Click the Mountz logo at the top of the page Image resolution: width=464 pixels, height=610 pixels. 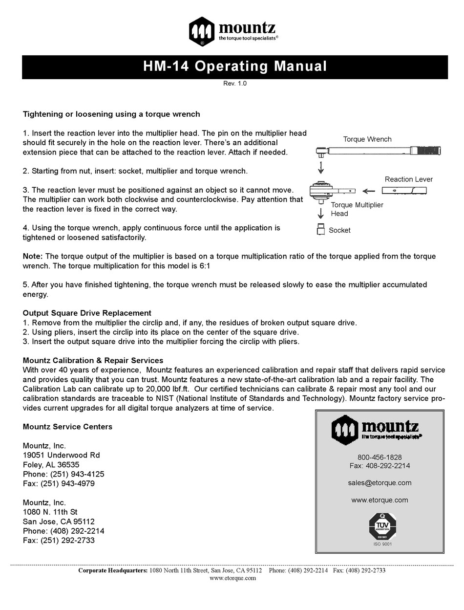coord(234,31)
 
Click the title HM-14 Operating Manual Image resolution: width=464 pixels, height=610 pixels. coord(235,66)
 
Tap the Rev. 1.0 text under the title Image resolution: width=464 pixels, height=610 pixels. coord(235,84)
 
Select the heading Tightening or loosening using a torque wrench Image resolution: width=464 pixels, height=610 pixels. coord(111,114)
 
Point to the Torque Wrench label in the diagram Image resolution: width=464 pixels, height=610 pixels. coord(367,139)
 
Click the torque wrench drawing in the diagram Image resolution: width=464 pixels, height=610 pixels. coord(378,151)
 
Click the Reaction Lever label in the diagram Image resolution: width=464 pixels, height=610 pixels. coord(408,179)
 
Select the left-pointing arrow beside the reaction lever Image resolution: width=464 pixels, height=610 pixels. coord(369,191)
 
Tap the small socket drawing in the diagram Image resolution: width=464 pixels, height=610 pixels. coord(321,230)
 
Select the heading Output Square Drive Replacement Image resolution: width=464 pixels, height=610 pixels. coord(87,313)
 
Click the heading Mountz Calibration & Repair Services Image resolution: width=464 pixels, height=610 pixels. coord(93,361)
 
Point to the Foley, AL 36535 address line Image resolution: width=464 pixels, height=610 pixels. coord(51,465)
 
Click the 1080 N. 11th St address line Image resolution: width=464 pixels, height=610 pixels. coord(50,512)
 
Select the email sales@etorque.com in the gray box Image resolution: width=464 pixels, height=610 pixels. coord(380,483)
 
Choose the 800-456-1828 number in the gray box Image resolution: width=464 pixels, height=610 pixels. coord(380,457)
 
